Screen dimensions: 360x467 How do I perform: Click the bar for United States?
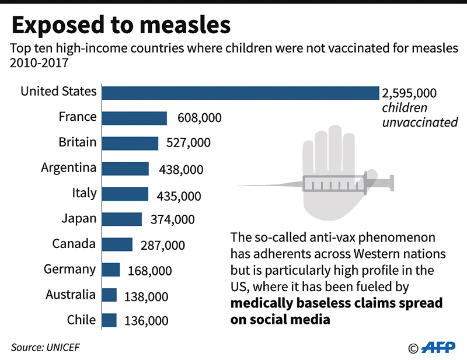[241, 92]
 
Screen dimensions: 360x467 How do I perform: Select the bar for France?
[134, 118]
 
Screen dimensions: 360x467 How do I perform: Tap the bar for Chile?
[109, 320]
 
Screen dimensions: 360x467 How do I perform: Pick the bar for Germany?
[111, 270]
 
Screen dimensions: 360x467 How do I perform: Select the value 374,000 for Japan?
[172, 219]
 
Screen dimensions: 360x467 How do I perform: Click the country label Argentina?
[68, 168]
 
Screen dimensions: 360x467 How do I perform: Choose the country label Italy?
[84, 193]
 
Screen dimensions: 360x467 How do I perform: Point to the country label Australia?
[70, 295]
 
